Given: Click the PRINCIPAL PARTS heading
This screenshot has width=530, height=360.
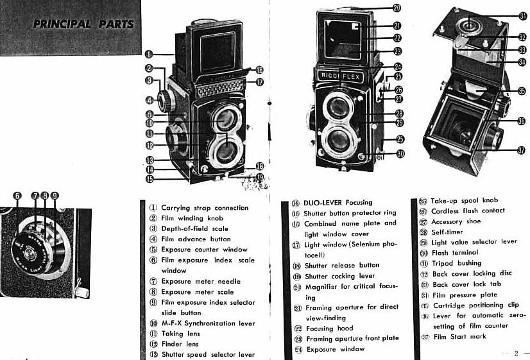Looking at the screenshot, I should [x=83, y=25].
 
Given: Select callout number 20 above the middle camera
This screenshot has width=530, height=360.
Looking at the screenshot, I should [x=397, y=8].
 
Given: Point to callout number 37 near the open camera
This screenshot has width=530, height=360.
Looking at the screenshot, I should [x=520, y=150].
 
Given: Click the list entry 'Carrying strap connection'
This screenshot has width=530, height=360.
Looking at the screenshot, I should [x=204, y=208].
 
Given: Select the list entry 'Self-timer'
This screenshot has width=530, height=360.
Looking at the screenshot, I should [x=447, y=232].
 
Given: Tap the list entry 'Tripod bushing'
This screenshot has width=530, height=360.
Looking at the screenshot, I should [x=456, y=263].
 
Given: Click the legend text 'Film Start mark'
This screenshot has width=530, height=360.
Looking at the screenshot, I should [x=459, y=337].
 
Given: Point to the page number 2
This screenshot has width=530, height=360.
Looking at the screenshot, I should [x=516, y=352].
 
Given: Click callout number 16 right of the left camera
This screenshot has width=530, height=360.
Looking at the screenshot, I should [x=259, y=70].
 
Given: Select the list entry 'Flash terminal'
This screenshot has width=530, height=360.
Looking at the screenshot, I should [x=455, y=253].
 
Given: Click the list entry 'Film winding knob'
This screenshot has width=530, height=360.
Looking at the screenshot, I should [x=192, y=218].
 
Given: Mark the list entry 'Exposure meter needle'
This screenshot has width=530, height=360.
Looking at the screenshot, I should [x=200, y=281].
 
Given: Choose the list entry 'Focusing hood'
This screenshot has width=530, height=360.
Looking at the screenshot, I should [x=329, y=328].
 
